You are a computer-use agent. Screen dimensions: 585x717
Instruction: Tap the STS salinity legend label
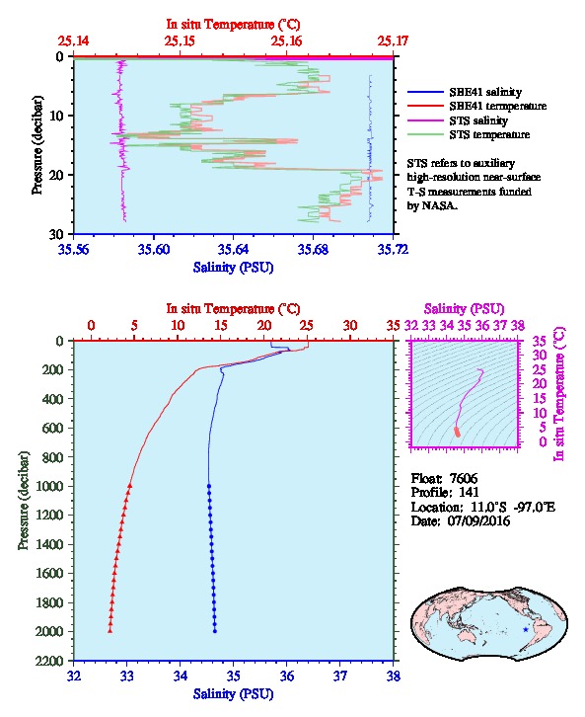478,120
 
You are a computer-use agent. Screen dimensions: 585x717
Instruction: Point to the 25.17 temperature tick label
393,41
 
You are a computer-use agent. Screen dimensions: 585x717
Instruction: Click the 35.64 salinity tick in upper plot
233,249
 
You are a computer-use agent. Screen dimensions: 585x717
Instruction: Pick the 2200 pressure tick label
49,661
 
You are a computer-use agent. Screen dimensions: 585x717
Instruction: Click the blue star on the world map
526,630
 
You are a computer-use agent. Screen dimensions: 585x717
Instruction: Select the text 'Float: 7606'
444,478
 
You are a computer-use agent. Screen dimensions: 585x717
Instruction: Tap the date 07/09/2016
478,520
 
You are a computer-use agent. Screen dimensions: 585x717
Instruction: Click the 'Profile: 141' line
444,493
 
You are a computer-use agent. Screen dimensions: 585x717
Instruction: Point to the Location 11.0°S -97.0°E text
482,507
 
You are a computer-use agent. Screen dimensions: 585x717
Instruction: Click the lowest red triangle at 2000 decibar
110,631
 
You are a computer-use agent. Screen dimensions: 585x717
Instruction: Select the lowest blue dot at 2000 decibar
215,631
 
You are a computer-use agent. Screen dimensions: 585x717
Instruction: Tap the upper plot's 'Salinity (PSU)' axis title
233,267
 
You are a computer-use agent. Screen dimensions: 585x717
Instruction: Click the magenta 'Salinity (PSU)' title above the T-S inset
464,309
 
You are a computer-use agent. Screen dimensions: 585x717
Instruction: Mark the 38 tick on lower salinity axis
393,676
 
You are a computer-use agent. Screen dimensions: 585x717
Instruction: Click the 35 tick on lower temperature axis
393,326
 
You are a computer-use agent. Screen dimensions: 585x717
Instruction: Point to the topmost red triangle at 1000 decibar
129,486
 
